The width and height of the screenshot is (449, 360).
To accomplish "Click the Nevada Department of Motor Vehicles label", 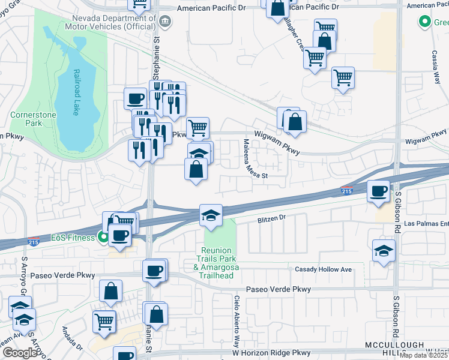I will point(122,23).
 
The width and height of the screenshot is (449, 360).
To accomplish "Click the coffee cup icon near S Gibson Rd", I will point(378,191).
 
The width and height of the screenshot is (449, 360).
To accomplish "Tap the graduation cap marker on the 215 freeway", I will point(211,215).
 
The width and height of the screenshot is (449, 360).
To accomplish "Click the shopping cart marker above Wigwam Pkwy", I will point(197,127).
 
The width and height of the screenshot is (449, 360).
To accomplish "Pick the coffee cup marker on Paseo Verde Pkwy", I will point(154,271).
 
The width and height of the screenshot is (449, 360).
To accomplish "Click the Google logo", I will point(20,353).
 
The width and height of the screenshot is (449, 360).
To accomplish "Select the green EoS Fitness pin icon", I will point(103,238).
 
